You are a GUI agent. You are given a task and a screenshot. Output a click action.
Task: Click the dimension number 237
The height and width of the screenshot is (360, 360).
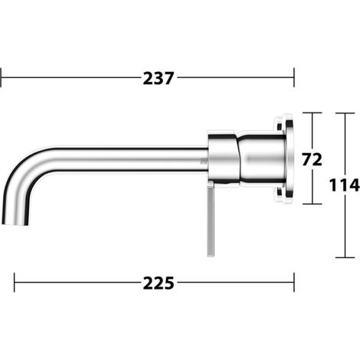point(159,78)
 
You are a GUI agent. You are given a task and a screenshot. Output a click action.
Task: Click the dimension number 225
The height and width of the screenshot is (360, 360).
point(159,283)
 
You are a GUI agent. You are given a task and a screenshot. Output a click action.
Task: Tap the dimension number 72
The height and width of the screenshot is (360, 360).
point(312,160)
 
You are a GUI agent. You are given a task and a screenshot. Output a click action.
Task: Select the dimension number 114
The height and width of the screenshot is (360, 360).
point(344,185)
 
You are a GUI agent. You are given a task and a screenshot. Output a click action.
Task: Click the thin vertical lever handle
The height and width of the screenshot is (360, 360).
point(211,221)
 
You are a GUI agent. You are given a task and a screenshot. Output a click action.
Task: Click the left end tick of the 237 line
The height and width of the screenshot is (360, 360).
point(1,77)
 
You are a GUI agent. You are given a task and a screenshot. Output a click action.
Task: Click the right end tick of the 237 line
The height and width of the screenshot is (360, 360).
point(294,77)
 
